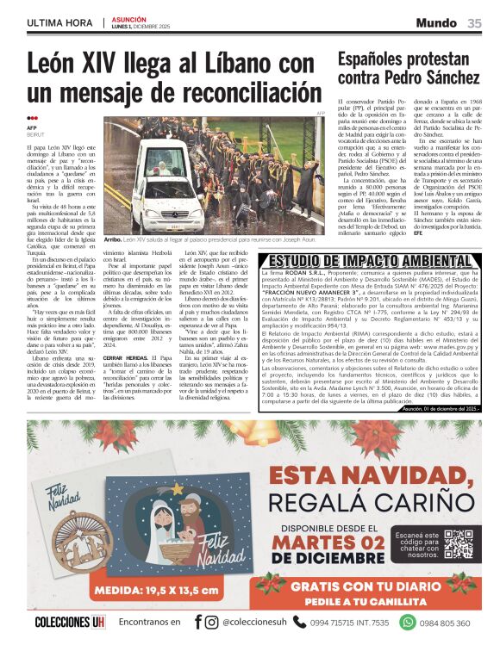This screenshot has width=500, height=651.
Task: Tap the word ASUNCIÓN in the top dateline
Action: tap(128, 18)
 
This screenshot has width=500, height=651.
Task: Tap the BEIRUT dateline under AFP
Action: tap(35, 135)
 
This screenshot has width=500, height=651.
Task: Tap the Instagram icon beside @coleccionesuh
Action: tap(211, 623)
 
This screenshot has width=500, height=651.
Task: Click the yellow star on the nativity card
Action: tap(178, 488)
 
